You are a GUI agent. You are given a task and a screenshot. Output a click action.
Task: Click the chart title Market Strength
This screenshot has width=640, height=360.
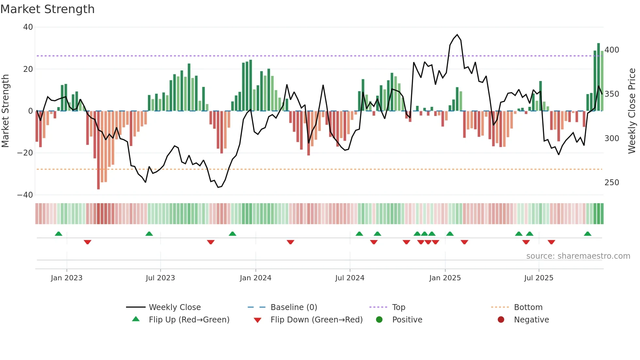tap(47, 9)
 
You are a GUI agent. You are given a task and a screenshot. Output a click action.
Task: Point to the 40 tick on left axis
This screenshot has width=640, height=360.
tap(28, 27)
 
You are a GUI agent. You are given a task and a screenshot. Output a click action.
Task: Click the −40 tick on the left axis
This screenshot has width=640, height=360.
tap(25, 195)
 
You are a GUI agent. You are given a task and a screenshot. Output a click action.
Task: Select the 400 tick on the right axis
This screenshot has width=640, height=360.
tap(612, 50)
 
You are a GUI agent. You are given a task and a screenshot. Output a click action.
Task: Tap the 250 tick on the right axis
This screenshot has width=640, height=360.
tap(612, 183)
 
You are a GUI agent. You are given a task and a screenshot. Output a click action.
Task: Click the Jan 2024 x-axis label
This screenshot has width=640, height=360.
tap(255, 278)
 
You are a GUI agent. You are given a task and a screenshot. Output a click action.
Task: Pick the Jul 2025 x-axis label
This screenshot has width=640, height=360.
tap(538, 278)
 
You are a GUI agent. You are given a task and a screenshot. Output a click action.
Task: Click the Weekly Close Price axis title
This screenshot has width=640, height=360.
tap(632, 111)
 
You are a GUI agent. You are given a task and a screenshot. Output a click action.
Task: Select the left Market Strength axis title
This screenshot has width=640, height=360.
tap(6, 111)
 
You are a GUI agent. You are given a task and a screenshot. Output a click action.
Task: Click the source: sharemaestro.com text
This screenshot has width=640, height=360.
tap(578, 256)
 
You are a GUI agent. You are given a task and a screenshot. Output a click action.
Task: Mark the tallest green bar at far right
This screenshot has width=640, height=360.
tap(599, 77)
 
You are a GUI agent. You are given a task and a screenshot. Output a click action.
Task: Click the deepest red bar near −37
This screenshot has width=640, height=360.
tap(98, 150)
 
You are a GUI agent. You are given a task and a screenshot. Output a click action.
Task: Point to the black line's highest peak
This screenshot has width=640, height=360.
tap(457, 35)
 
